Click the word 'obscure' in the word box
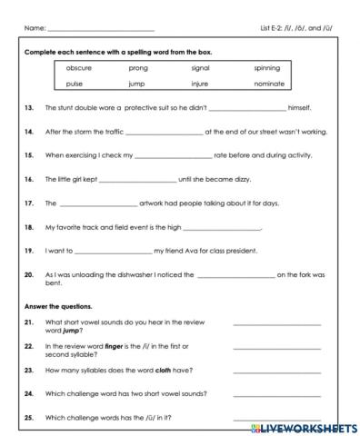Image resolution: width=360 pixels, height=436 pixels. [80, 68]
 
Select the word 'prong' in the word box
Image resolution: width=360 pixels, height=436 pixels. [138, 68]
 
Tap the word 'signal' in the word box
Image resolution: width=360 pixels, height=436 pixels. [201, 68]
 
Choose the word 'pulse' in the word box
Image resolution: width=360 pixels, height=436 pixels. [75, 84]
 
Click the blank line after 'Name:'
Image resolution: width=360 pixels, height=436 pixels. [100, 29]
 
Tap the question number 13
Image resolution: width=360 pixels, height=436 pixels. [29, 107]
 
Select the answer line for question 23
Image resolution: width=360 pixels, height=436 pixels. [276, 371]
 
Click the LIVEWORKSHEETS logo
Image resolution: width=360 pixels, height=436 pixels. [305, 427]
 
